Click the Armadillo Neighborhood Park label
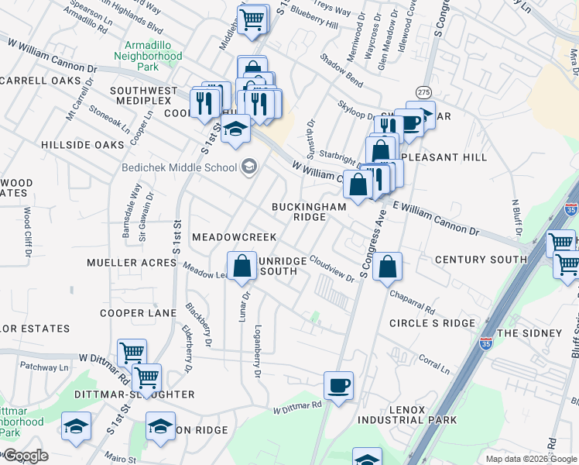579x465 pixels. click(147, 57)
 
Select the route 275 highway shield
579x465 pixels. click(423, 92)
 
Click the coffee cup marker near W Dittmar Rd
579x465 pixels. click(337, 386)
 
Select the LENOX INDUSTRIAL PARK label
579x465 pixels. click(407, 414)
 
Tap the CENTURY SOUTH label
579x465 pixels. click(481, 260)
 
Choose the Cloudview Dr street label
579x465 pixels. click(331, 270)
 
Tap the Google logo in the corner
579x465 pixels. click(25, 456)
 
